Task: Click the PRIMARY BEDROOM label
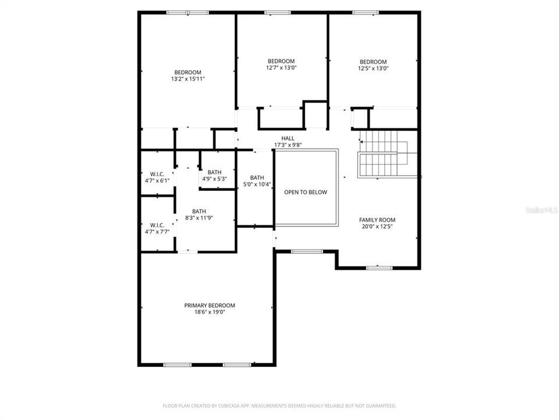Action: click(210, 305)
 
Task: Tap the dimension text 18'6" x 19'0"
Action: click(210, 312)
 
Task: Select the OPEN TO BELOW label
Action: click(306, 192)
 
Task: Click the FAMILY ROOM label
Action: click(377, 220)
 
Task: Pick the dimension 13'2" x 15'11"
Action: click(187, 79)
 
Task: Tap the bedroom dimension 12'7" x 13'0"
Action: click(281, 68)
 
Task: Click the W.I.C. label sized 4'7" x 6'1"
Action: click(157, 174)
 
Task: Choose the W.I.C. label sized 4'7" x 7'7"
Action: click(157, 225)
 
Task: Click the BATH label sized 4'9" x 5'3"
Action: click(214, 172)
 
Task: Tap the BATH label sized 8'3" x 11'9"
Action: click(199, 212)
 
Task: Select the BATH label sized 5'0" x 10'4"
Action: click(257, 178)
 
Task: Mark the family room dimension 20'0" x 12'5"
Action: click(377, 227)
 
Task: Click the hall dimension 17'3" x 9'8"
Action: click(288, 145)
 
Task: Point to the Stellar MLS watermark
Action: click(542, 208)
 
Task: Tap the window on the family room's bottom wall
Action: click(378, 268)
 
